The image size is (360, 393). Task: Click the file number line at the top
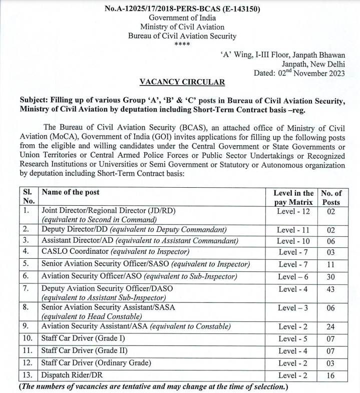click(x=182, y=9)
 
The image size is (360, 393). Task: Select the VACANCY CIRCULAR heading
click(x=182, y=82)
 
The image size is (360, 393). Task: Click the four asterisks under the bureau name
click(x=182, y=45)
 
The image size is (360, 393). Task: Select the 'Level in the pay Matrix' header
click(x=293, y=198)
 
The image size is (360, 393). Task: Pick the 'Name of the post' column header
click(x=71, y=193)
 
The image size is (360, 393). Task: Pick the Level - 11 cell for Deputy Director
click(x=293, y=230)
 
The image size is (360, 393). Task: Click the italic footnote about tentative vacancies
click(x=153, y=387)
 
